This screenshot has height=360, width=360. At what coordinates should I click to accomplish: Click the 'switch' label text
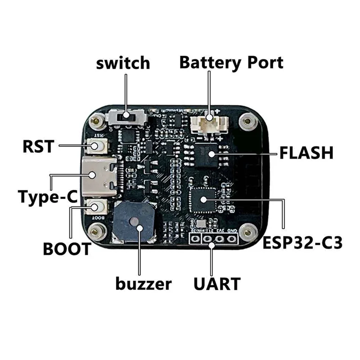point(123,63)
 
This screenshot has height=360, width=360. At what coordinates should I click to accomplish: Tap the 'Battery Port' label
point(231,62)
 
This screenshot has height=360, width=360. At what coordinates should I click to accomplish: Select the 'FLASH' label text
point(306,153)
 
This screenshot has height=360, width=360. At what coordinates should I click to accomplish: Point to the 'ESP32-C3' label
point(303,244)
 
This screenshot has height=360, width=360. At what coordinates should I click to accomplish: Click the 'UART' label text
point(216,284)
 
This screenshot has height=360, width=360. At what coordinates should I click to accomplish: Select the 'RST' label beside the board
point(38,146)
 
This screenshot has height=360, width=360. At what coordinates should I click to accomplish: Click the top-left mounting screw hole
point(95,121)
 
